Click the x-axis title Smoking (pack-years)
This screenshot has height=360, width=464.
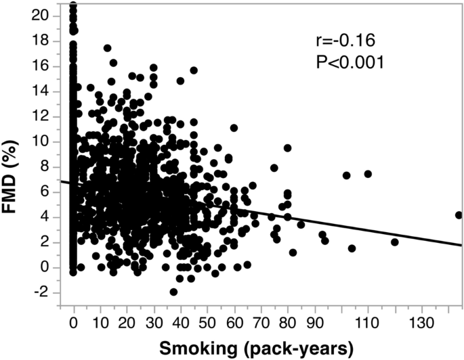(x=257, y=348)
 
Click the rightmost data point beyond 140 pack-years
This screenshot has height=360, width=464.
(x=459, y=215)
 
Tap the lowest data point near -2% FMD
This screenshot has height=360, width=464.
(x=173, y=292)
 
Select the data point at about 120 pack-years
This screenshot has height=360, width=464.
(x=395, y=242)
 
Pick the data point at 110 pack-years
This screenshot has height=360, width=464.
(x=368, y=174)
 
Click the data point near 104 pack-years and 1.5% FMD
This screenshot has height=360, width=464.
(x=352, y=248)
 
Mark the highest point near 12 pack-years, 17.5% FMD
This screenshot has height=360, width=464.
(x=107, y=48)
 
